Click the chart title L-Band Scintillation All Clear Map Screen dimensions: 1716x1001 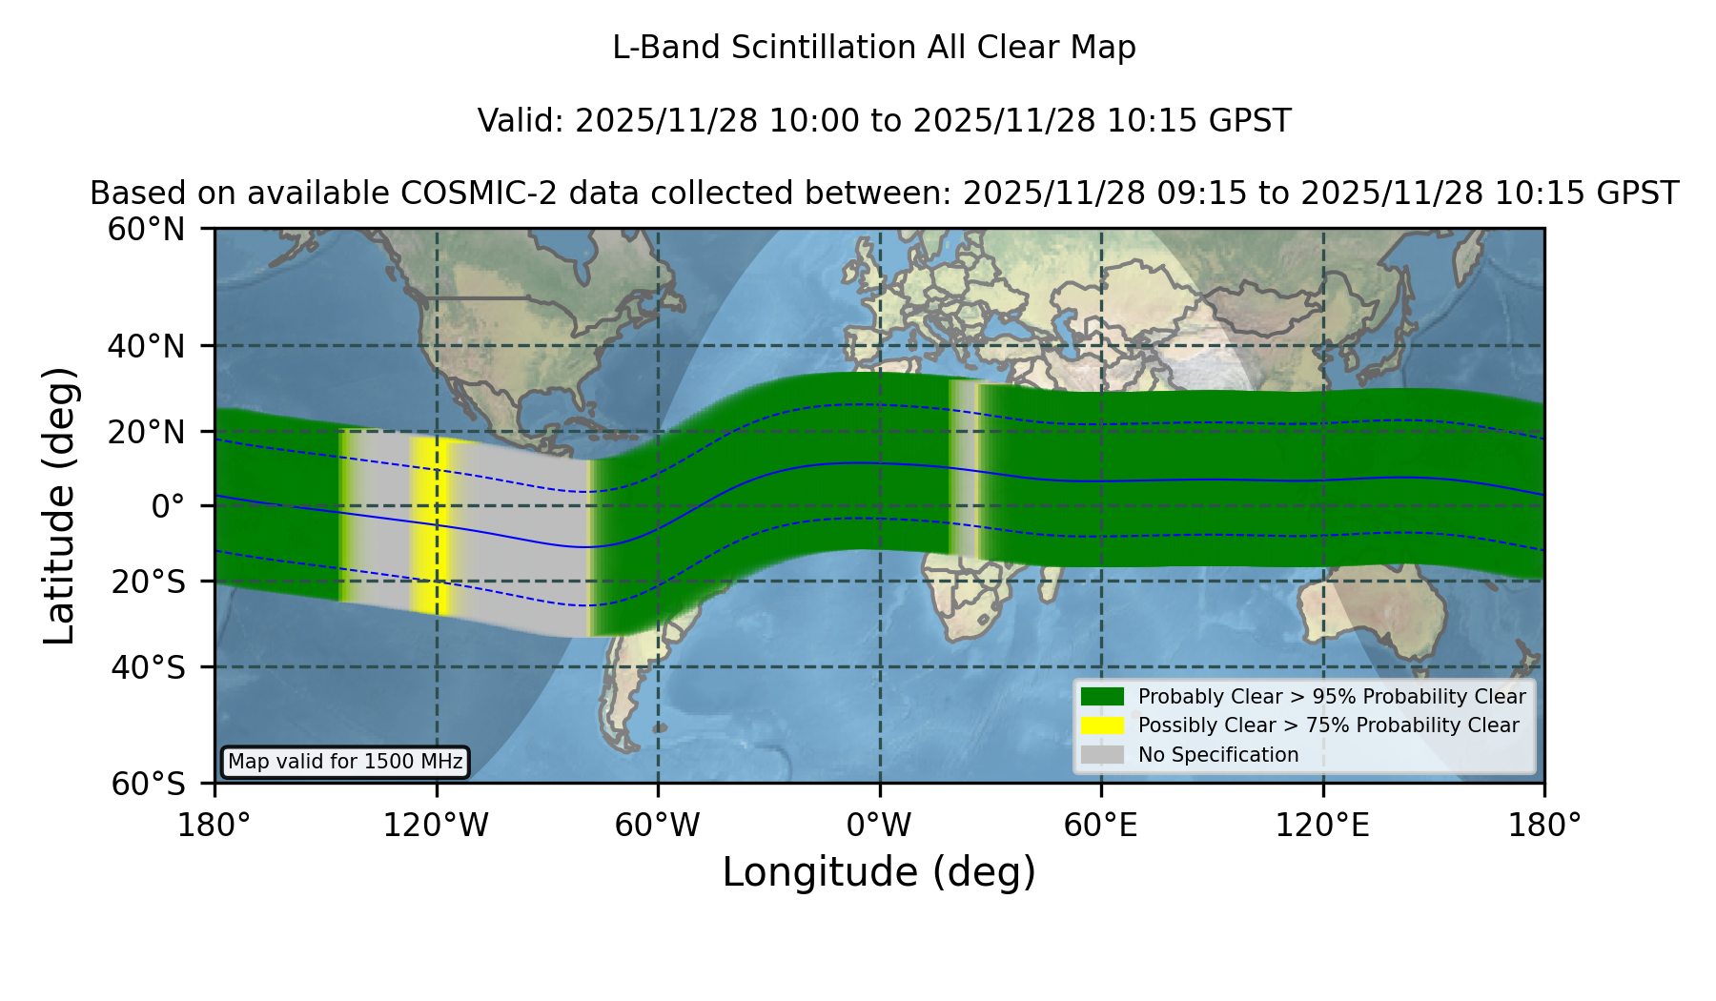pos(873,48)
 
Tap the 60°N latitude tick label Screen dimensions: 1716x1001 pos(146,229)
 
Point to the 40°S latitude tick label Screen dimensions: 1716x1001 pos(148,667)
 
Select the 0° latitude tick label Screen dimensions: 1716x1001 pos(168,506)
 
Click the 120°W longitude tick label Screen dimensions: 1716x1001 pos(436,826)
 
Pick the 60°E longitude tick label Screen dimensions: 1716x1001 pos(1101,826)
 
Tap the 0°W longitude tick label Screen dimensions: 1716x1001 pos(880,826)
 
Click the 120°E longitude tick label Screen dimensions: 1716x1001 pos(1323,826)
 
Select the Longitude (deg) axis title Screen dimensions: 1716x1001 pos(879,872)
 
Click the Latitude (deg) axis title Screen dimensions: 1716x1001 pos(60,505)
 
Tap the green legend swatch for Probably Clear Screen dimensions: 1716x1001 pos(1102,696)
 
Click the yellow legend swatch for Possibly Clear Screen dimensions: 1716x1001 pos(1102,725)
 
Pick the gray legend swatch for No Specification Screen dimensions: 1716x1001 pos(1102,754)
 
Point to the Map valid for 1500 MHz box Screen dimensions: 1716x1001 pos(345,762)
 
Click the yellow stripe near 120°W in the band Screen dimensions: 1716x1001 pos(431,526)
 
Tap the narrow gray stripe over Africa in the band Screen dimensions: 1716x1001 pos(965,468)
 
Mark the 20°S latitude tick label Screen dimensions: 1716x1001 pos(148,582)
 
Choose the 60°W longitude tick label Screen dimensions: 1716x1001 pos(658,826)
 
